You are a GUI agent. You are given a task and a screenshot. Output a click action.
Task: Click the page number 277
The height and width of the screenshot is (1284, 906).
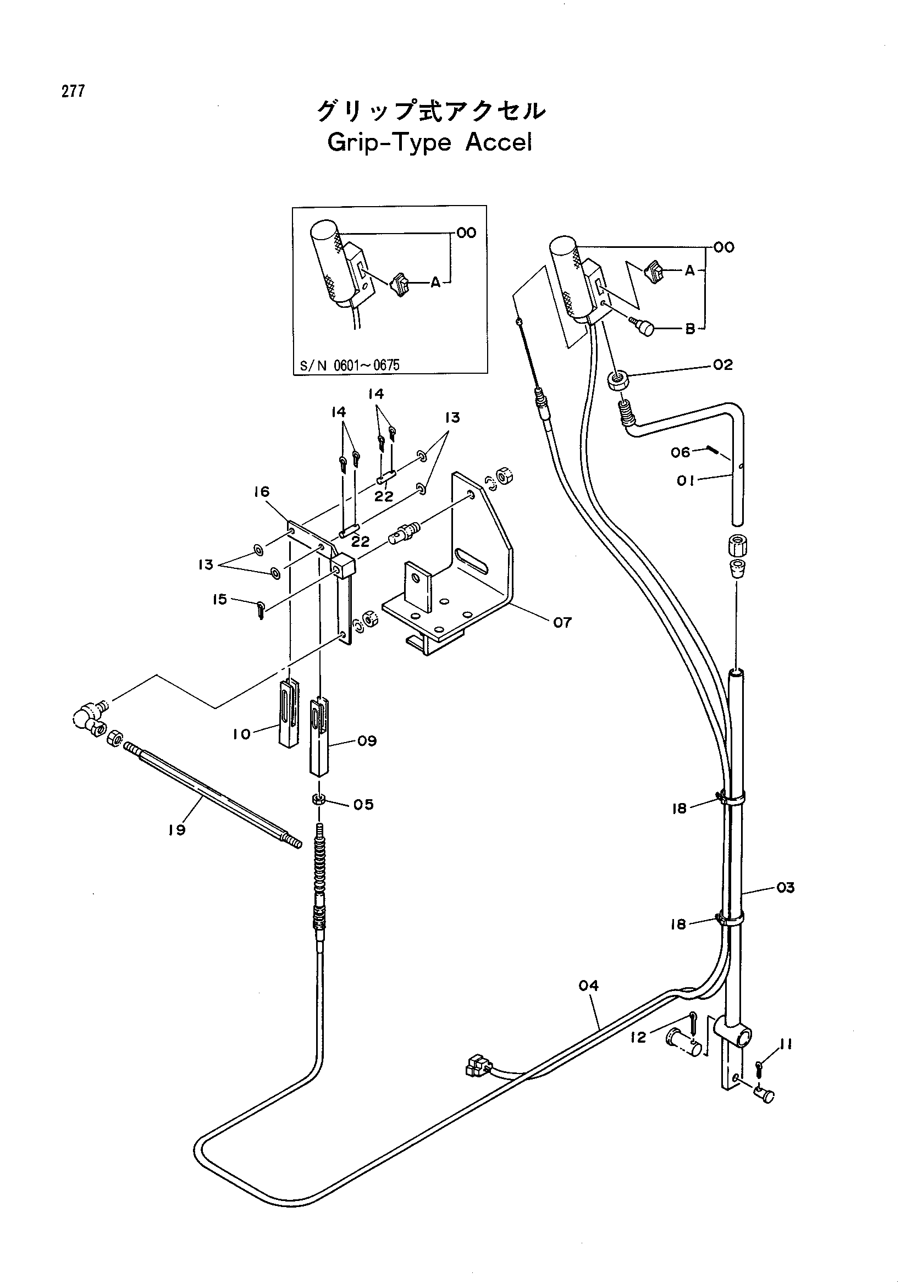(x=74, y=91)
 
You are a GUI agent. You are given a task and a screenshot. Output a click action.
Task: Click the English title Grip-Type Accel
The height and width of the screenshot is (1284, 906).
(x=429, y=142)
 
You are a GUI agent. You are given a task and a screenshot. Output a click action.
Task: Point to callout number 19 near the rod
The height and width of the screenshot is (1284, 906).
(x=177, y=830)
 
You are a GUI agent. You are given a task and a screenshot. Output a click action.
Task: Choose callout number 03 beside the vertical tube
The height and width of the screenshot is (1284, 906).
(x=785, y=888)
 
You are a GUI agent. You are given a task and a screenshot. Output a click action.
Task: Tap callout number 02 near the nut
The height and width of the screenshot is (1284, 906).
(x=722, y=365)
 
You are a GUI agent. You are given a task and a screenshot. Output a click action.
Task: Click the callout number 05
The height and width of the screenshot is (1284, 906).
(x=363, y=804)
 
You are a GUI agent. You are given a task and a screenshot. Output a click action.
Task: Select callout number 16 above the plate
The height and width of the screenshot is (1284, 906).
(x=261, y=491)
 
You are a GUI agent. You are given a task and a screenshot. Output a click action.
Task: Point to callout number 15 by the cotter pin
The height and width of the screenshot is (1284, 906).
(x=220, y=600)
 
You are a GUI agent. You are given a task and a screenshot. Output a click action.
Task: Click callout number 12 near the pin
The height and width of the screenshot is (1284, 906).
(x=638, y=1037)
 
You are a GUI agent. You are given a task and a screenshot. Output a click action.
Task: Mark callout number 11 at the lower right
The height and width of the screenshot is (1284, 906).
(x=786, y=1043)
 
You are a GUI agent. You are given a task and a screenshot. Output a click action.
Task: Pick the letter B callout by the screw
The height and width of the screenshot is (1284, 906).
(x=690, y=329)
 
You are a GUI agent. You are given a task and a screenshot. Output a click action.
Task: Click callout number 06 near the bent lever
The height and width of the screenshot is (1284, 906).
(x=681, y=451)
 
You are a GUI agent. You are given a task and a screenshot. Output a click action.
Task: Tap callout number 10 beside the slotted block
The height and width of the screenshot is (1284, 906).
(x=241, y=734)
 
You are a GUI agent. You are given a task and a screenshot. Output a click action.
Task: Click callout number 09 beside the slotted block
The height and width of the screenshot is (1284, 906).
(x=367, y=741)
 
